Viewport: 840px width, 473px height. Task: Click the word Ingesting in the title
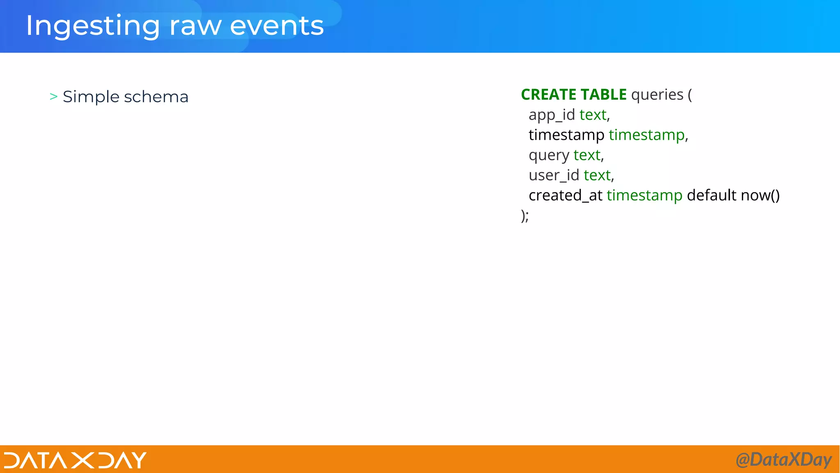click(x=92, y=26)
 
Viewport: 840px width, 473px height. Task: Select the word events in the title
click(x=277, y=26)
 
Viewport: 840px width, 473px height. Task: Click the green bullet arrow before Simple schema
click(x=53, y=96)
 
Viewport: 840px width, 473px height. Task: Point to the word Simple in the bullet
click(x=91, y=97)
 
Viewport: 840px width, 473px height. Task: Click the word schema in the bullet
click(x=156, y=97)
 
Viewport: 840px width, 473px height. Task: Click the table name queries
click(x=657, y=95)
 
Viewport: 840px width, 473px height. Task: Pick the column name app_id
click(x=552, y=115)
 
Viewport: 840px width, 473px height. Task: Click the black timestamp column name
click(x=566, y=135)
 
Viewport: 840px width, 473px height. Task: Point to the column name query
click(x=549, y=156)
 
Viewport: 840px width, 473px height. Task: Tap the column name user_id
click(x=554, y=175)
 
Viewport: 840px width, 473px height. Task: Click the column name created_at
click(x=565, y=195)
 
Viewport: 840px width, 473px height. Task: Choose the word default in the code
click(x=712, y=195)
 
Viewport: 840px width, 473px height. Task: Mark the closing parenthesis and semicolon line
click(x=525, y=216)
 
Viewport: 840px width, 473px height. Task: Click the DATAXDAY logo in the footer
click(x=75, y=460)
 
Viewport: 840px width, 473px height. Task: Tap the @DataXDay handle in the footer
click(x=783, y=459)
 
